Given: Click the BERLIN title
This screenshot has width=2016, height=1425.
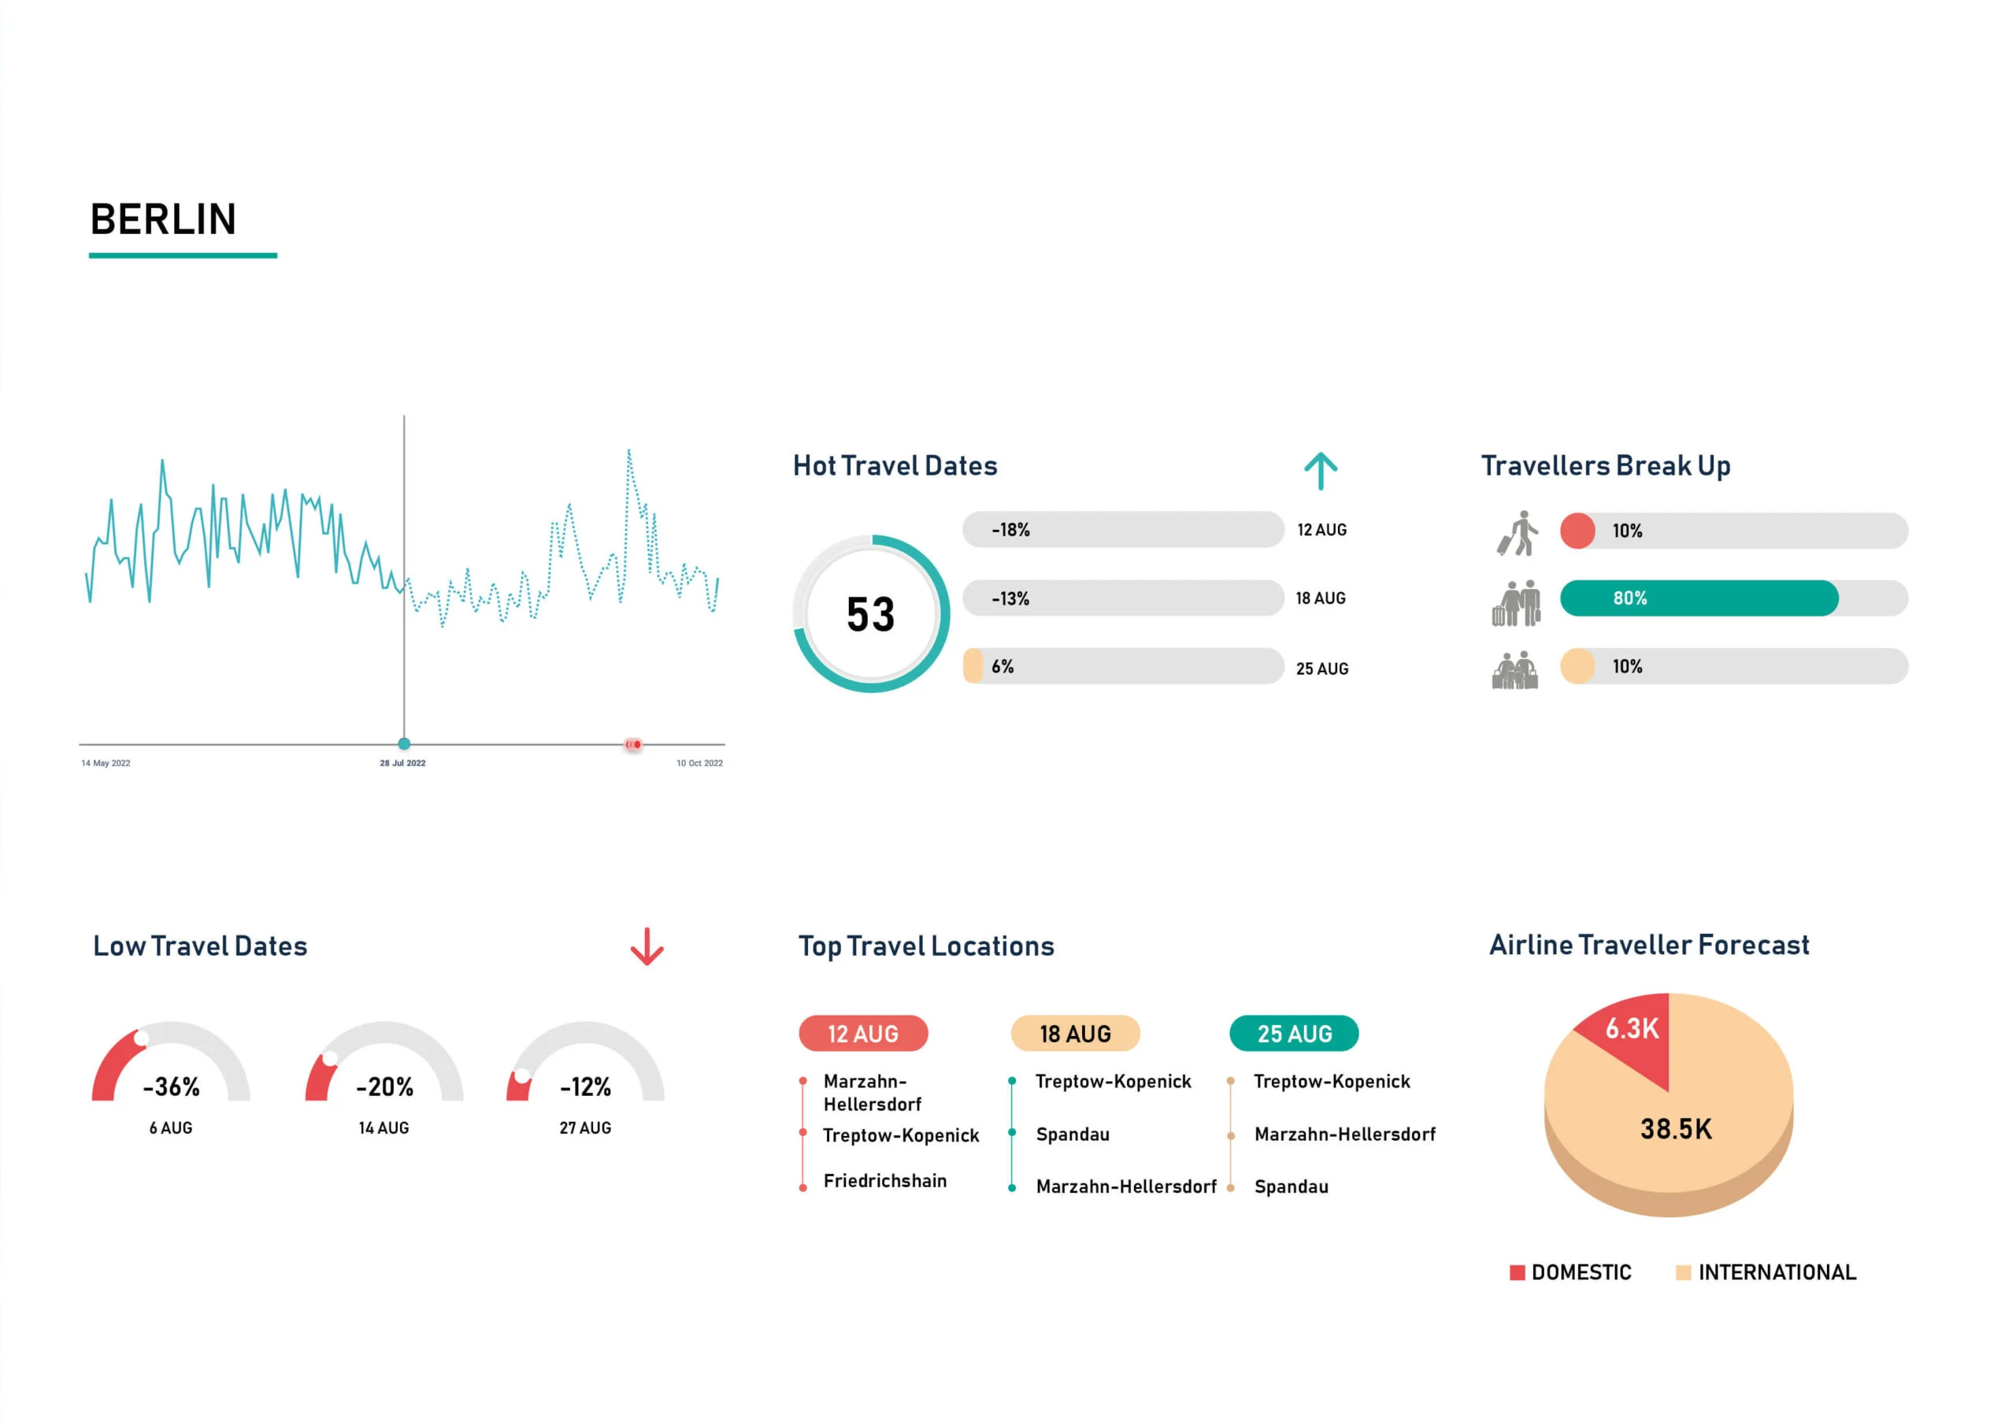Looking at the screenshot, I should pos(163,220).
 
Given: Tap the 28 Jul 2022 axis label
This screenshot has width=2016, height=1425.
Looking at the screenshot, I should pos(402,763).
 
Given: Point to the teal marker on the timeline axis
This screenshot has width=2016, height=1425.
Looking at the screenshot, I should pos(404,744).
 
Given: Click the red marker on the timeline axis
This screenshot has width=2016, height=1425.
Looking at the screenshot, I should pos(633,745).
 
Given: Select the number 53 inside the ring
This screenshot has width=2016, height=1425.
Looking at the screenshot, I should pos(870,615).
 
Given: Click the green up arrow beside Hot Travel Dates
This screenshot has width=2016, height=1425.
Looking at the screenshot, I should pos(1320,471).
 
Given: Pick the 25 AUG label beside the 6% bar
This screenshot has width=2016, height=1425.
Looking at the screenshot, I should pos(1321,669).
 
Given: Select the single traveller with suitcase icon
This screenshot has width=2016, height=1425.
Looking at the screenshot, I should pos(1518,533).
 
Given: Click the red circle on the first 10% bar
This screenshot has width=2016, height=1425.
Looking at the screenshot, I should pos(1577,531).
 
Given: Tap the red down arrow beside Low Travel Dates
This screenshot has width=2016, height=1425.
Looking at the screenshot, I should pos(647,946).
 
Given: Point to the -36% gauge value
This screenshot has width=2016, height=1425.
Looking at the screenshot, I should pos(171,1087).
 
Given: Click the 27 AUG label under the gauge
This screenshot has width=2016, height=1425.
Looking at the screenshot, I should pos(585,1128).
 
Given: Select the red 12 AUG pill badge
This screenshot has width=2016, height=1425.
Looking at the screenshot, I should pos(862,1034).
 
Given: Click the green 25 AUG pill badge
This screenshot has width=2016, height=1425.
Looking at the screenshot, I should pos(1293,1034).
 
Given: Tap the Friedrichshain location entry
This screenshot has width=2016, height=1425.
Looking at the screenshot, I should pos(884,1181).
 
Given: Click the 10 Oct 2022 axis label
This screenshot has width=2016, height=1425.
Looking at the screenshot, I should pos(699,763).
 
